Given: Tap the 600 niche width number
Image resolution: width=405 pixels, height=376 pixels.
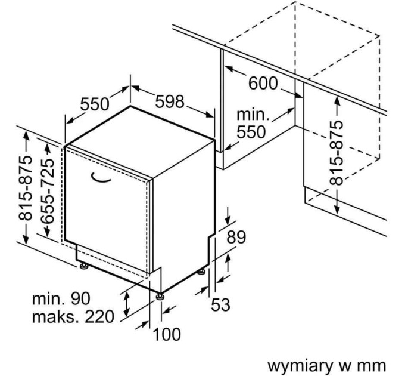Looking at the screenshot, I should coord(263,84).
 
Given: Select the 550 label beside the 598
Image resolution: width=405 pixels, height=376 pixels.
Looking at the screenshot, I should coord(95,104).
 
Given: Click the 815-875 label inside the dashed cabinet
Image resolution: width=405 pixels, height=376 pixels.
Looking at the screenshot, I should coord(337,153).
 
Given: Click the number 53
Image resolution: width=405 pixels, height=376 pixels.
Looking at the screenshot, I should coord(220,305).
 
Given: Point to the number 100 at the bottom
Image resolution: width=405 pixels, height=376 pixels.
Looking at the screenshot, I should coord(167,335).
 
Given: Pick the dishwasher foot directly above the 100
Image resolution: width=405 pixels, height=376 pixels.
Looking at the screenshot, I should coord(160,295).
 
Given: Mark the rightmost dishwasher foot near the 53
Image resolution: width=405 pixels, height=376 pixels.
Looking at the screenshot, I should coord(202,272).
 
